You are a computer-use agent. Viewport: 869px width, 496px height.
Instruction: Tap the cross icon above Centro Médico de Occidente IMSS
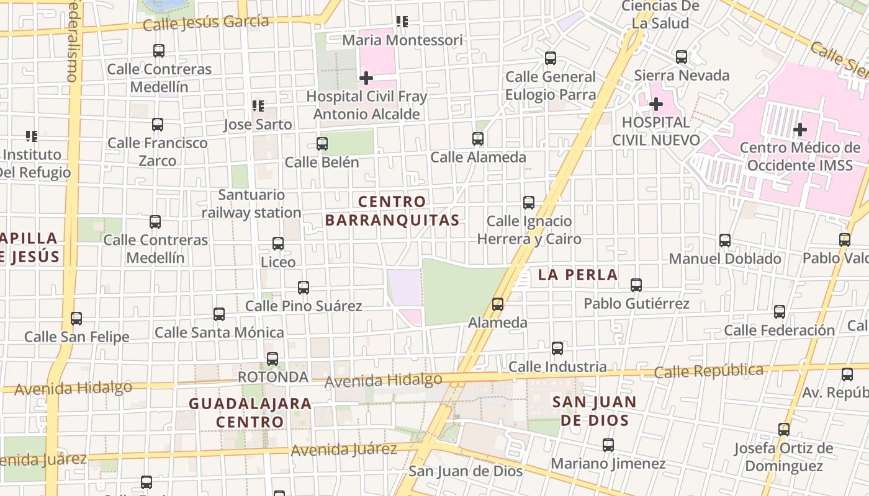[x=800, y=130]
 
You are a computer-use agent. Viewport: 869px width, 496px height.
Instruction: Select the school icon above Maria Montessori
[x=402, y=22]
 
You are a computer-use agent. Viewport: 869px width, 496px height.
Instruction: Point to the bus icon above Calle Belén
[x=322, y=144]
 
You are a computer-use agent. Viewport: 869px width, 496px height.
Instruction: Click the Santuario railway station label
[x=251, y=204]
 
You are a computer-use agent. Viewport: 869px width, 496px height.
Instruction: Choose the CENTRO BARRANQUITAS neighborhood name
[x=392, y=211]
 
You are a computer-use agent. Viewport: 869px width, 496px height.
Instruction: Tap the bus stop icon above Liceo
[x=278, y=244]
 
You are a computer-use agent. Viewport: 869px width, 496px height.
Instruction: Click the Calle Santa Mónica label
[x=219, y=332]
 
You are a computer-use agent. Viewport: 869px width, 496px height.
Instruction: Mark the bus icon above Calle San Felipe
[x=76, y=319]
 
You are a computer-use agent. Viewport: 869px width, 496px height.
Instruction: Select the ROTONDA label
[x=273, y=377]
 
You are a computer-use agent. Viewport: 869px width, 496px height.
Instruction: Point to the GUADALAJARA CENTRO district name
[x=250, y=413]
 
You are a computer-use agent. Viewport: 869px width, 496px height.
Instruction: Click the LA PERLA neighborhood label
[x=578, y=275]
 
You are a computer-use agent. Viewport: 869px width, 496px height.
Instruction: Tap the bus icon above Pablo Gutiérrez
[x=636, y=285]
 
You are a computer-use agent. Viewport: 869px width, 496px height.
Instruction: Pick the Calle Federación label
[x=780, y=330]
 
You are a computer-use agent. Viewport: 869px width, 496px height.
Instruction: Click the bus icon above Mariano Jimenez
[x=608, y=445]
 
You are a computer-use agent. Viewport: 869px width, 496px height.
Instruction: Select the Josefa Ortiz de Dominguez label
[x=783, y=457]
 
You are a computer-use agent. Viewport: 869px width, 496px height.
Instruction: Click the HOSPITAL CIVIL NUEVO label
[x=656, y=131]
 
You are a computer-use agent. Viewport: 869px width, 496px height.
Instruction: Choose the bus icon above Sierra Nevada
[x=682, y=57]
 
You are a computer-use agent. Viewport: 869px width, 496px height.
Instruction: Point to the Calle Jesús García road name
[x=206, y=23]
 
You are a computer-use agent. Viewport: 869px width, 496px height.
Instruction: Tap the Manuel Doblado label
[x=725, y=259]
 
